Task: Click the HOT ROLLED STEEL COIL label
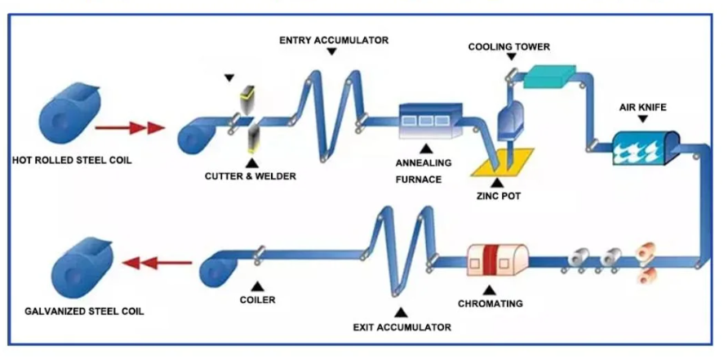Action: click(72, 161)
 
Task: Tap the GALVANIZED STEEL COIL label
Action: click(84, 311)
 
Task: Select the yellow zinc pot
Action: click(503, 162)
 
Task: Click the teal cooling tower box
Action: click(549, 76)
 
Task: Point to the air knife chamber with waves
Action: click(646, 147)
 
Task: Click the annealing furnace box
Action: click(431, 121)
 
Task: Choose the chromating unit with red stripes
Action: click(497, 260)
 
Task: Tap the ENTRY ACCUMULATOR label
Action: click(334, 41)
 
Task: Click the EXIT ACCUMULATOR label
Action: click(402, 327)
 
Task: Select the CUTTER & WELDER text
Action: click(251, 176)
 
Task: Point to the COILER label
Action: click(257, 300)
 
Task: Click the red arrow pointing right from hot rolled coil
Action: click(130, 127)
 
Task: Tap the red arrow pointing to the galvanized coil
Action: click(157, 263)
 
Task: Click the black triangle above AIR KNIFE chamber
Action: click(642, 119)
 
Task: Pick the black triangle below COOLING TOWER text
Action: click(511, 56)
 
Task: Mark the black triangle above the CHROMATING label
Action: click(490, 291)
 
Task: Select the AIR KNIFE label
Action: click(642, 108)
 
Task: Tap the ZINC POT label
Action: click(499, 196)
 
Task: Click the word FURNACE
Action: click(419, 180)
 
